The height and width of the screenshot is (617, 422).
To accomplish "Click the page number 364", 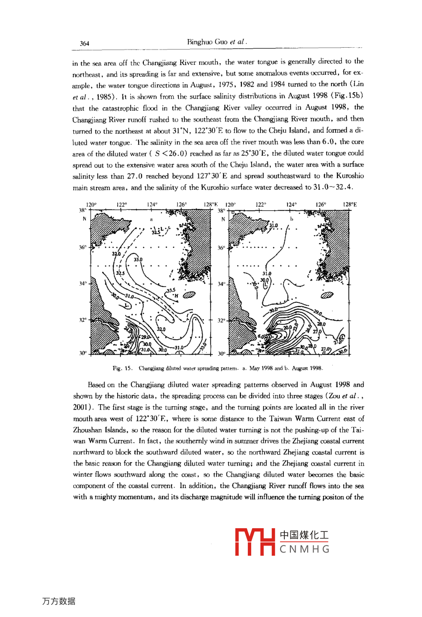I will [84, 43].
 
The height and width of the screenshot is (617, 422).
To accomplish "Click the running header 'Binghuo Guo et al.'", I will [217, 42].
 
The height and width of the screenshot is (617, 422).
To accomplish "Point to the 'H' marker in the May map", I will [176, 295].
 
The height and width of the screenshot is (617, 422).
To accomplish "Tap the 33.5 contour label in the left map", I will [171, 290].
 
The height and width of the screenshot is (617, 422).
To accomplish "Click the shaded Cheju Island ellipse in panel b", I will [327, 294].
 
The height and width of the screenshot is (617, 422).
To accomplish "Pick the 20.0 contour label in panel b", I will [288, 328].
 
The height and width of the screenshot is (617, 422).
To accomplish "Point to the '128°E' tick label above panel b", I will [350, 204].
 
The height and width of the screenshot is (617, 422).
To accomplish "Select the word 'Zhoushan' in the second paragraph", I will [87, 430].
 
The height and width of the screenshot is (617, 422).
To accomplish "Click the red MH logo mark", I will [255, 542].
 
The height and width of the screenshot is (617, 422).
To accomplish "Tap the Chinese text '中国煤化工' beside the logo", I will [304, 535].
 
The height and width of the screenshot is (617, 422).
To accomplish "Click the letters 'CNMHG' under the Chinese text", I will [305, 549].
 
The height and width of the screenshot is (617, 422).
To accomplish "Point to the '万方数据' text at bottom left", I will [58, 601].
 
